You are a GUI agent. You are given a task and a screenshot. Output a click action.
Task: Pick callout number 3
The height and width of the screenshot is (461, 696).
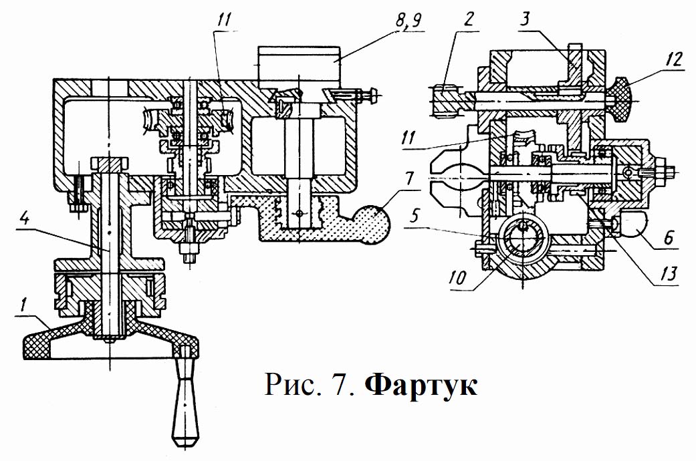point(525,20)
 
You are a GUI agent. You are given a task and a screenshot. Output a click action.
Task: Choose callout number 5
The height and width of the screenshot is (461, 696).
point(414,216)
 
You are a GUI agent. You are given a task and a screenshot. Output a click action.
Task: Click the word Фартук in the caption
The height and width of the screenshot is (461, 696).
point(421,385)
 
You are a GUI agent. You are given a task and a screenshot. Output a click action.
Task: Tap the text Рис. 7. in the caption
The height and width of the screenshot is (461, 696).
point(310,384)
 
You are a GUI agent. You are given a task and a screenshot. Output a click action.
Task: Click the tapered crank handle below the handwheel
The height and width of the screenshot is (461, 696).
point(187,396)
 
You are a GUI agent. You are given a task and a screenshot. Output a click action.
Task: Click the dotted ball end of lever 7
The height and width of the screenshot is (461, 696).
point(376,224)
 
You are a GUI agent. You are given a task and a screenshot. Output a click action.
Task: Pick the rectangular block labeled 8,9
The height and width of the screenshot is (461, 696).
point(299,65)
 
